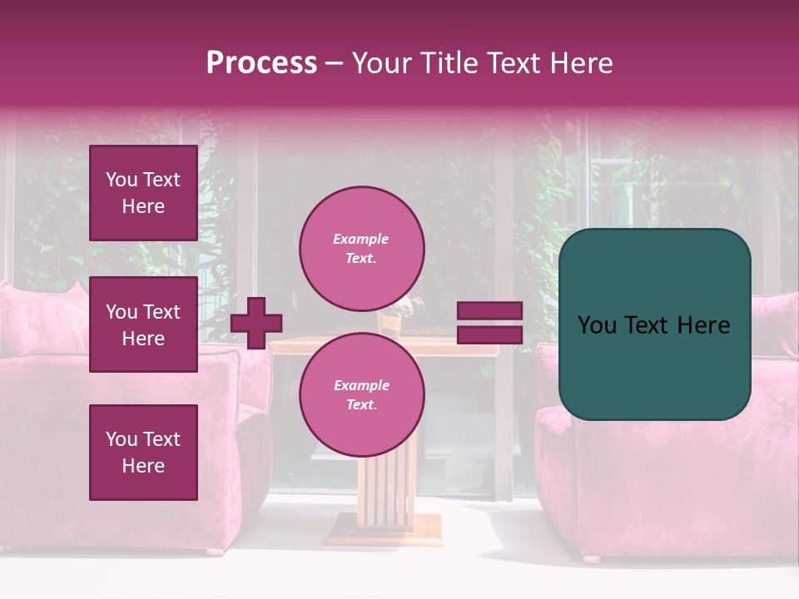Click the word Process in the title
tap(261, 63)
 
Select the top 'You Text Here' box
tap(143, 193)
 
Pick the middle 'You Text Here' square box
tap(143, 324)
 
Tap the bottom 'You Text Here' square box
tap(143, 453)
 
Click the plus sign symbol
tap(256, 323)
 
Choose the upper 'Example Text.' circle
tap(361, 248)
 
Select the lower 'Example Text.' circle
tap(361, 394)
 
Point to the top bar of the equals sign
tap(490, 311)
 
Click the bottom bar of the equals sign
tap(490, 334)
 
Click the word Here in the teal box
tap(703, 325)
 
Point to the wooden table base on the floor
tap(383, 528)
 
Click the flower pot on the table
tap(391, 319)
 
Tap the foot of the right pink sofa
tap(592, 559)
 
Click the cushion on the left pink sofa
tap(42, 320)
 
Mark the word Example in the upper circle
tap(361, 239)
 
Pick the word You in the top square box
tap(121, 180)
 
